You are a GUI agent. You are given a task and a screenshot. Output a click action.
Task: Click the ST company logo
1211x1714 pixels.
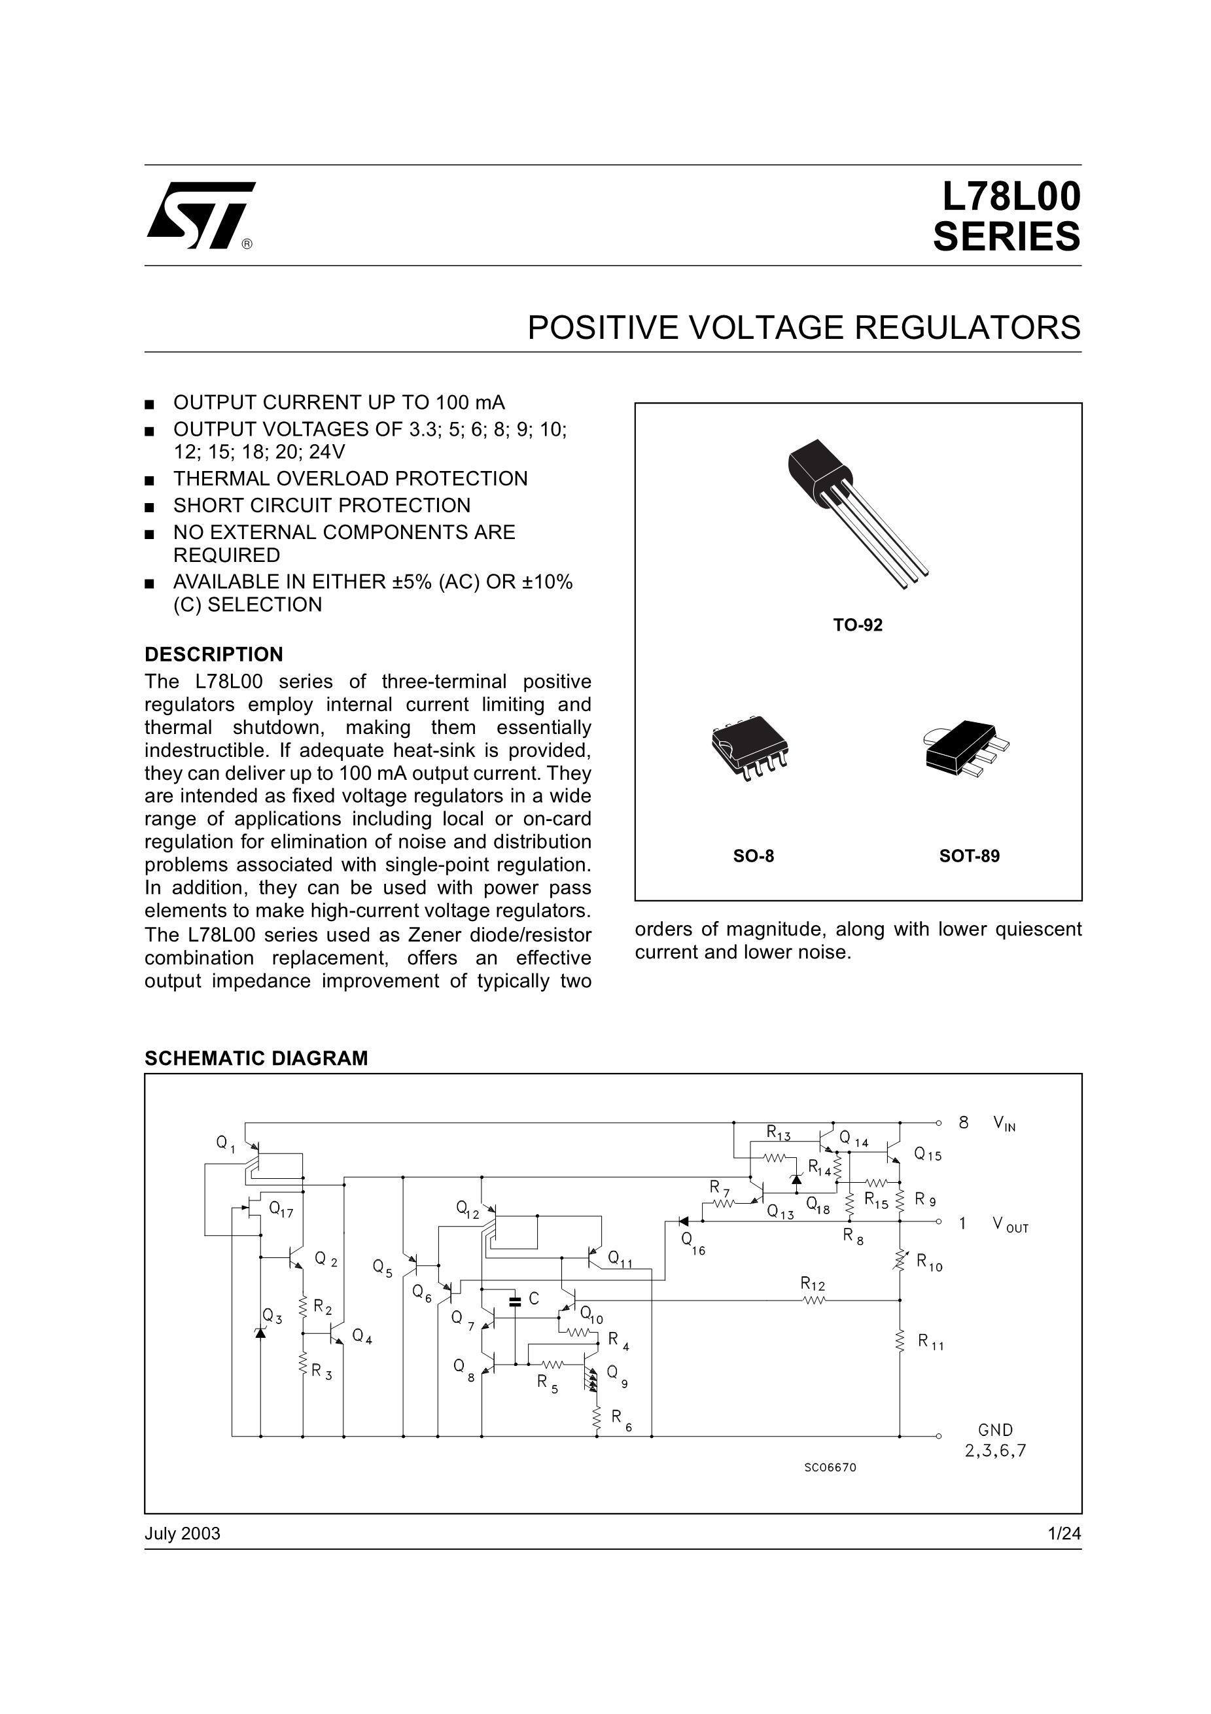(x=200, y=215)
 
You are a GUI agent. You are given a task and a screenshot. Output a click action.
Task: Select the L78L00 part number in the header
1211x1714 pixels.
(x=1010, y=198)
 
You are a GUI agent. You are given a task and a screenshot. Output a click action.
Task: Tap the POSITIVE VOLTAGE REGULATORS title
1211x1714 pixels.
(x=803, y=328)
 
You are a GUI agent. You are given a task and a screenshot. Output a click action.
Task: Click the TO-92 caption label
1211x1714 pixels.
(x=857, y=625)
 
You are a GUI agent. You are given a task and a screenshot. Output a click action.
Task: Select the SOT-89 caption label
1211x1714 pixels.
(x=968, y=856)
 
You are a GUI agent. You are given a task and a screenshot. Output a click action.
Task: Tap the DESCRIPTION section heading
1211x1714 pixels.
(x=213, y=655)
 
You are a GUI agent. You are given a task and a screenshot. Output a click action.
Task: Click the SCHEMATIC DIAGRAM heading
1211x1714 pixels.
(x=256, y=1058)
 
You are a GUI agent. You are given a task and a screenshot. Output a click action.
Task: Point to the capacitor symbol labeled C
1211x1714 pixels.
(x=514, y=1302)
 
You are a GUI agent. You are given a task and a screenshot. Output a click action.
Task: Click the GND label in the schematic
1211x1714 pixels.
(x=995, y=1430)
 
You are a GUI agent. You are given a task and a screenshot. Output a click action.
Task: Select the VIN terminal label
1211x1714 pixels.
(x=1004, y=1123)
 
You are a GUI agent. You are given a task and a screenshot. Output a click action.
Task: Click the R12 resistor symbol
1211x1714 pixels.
(x=814, y=1301)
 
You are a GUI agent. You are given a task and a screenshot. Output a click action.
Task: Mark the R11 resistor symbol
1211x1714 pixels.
(x=900, y=1340)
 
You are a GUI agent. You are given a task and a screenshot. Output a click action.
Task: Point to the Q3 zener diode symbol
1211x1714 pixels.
(x=260, y=1333)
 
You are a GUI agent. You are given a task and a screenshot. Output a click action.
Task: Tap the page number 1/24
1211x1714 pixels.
(x=1064, y=1534)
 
